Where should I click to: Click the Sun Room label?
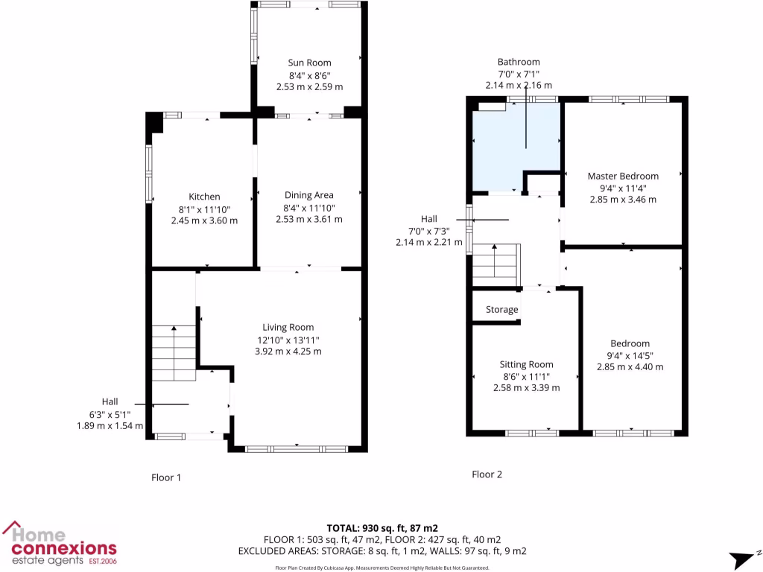309,63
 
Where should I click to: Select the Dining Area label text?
309,196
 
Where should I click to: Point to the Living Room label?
288,327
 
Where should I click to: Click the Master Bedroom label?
623,176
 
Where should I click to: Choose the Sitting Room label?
526,364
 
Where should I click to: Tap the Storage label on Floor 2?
501,309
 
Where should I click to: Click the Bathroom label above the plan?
519,62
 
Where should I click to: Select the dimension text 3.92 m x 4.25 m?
288,351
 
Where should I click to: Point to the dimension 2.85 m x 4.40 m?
630,366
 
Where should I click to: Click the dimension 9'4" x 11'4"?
623,188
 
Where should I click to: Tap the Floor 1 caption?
165,477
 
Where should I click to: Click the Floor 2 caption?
487,474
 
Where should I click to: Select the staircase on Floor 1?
174,350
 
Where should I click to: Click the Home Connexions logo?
60,542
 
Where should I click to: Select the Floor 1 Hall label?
110,401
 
